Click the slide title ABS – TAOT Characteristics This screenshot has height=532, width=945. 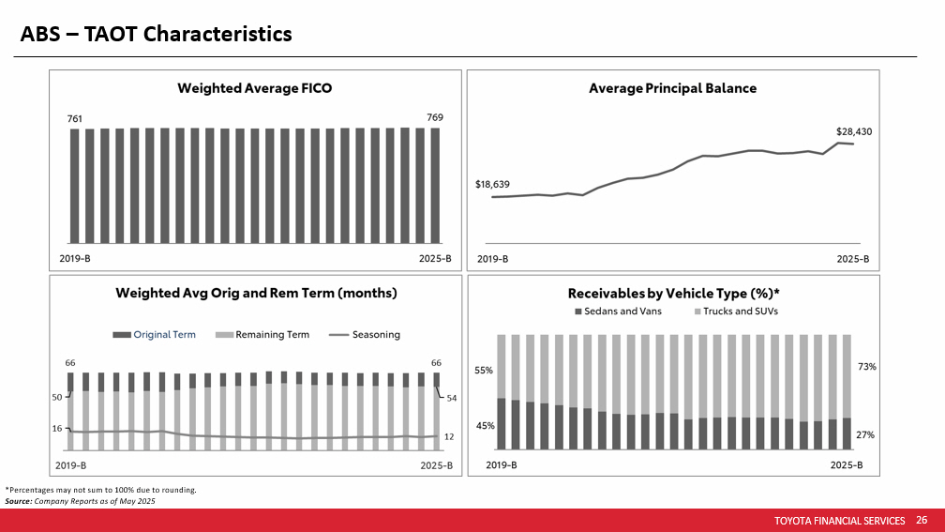tap(157, 34)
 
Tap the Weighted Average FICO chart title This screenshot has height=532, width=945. tap(255, 88)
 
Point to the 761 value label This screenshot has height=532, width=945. tap(74, 119)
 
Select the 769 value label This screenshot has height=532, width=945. tap(435, 117)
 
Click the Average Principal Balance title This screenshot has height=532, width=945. tap(672, 88)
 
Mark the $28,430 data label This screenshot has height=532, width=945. tap(854, 132)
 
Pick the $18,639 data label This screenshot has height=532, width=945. tap(492, 185)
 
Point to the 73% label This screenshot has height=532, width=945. tap(866, 368)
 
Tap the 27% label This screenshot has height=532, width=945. tap(866, 434)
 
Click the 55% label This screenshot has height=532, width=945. tap(484, 371)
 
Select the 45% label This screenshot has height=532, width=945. tap(484, 426)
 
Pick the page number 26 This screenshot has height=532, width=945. tap(922, 520)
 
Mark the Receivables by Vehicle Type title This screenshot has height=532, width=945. tap(673, 293)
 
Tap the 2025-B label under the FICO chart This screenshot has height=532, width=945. tap(435, 258)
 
